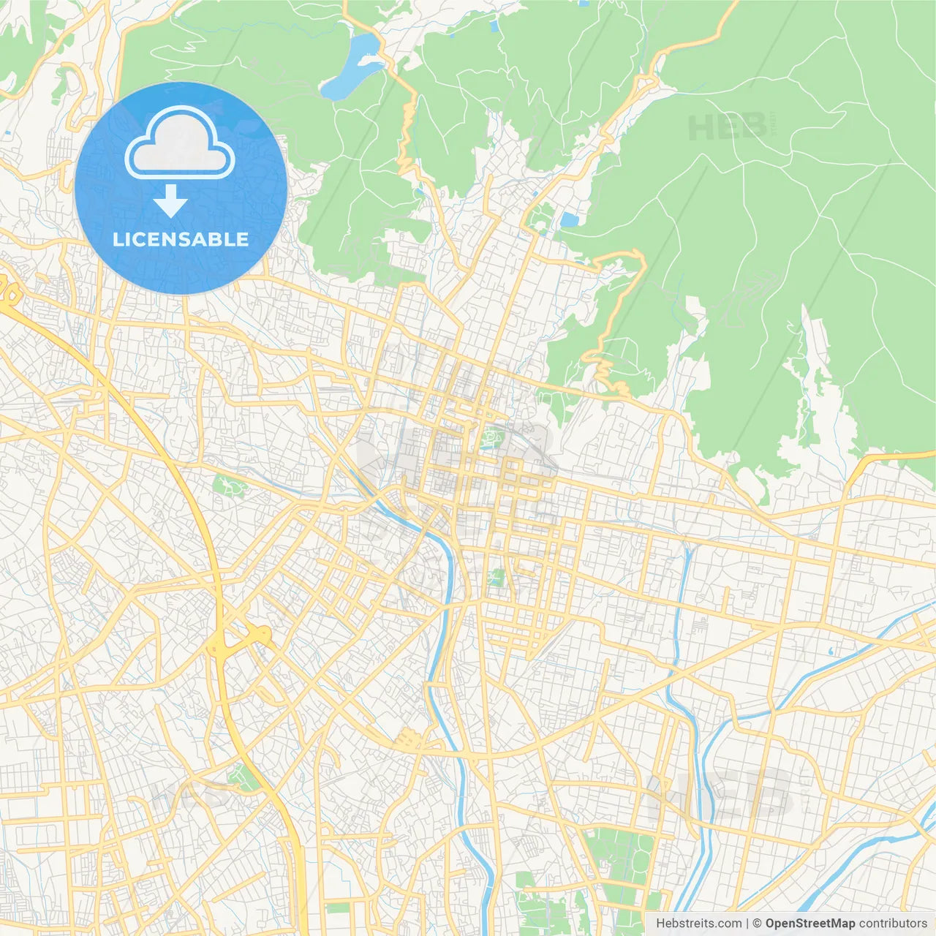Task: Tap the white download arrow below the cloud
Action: tap(170, 201)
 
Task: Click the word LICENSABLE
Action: tap(181, 240)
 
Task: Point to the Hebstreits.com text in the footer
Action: tap(698, 924)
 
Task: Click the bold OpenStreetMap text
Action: tap(809, 924)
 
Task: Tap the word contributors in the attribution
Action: tap(893, 924)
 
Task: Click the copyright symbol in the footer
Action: tap(757, 924)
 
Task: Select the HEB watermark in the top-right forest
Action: tap(728, 128)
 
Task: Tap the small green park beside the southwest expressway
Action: tap(242, 778)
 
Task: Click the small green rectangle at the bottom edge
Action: tap(338, 908)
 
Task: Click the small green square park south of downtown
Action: tap(497, 578)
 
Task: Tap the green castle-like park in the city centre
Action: tap(491, 439)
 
